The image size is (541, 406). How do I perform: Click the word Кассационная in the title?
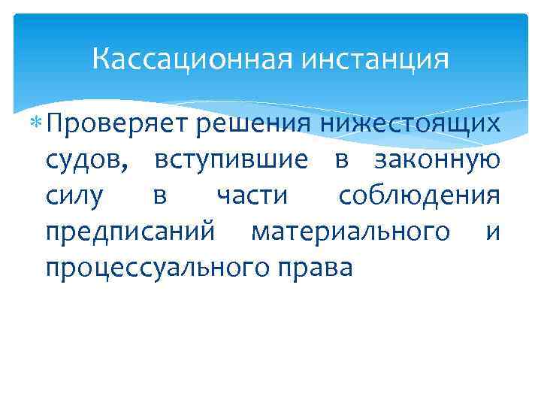point(193,59)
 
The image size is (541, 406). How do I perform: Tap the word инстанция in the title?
point(375,59)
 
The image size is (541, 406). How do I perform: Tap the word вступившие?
point(231,159)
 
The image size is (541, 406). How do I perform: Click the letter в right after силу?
point(160,197)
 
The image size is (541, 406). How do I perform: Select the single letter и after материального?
point(493,233)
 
